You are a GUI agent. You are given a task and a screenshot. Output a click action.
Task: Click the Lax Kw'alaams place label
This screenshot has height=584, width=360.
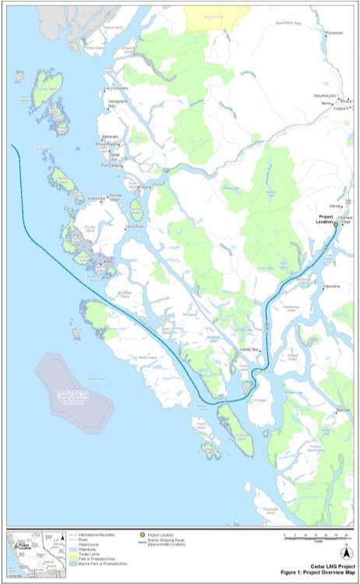pyautogui.click(x=115, y=88)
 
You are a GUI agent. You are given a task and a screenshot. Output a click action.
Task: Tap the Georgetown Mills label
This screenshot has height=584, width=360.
pyautogui.click(x=114, y=104)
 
